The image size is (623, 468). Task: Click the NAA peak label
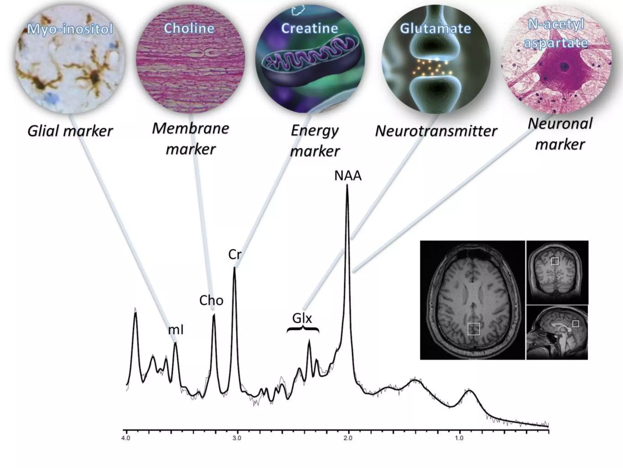point(348,176)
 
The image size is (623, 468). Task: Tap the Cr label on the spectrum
point(235,254)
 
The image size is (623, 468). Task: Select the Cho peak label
point(211,301)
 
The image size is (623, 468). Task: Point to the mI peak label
point(176,330)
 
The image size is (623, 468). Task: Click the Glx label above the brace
point(302,318)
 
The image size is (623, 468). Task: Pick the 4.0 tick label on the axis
point(126,438)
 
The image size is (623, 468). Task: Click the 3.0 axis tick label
point(237,438)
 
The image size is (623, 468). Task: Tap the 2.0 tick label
point(348,438)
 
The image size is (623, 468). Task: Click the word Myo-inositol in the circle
point(70,29)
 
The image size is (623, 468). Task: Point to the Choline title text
point(189,28)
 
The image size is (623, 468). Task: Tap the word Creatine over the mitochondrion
point(309,28)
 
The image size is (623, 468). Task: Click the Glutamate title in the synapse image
point(435,28)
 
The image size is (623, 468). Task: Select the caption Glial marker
point(70,132)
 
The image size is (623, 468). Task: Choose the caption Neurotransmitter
point(436,131)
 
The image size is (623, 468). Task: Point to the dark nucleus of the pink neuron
point(565,66)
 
